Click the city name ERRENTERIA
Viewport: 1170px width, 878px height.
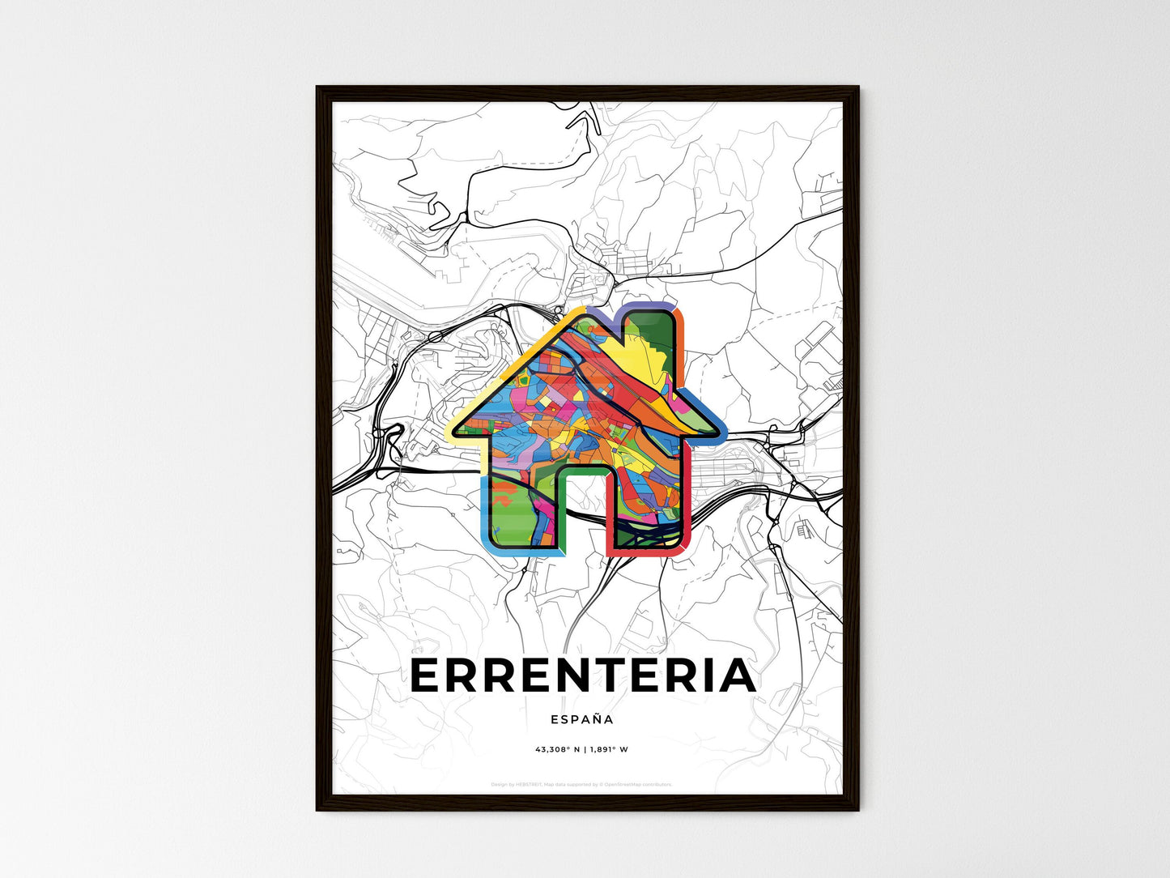point(583,676)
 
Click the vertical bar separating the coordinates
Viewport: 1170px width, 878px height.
point(585,749)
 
